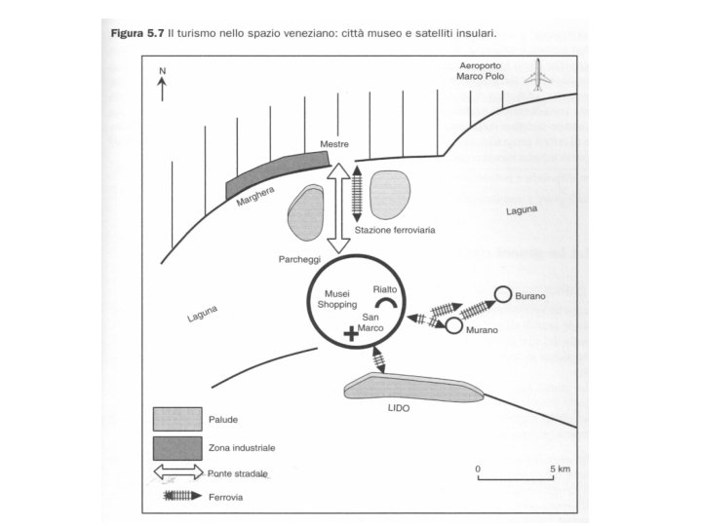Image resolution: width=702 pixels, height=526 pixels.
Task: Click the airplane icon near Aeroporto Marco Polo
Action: click(537, 76)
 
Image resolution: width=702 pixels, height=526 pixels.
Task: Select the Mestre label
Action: click(333, 144)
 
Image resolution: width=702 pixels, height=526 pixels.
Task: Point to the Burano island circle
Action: click(503, 293)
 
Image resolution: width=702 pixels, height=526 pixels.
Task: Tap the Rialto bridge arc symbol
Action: click(387, 304)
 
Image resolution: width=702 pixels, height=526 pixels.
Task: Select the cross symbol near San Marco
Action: click(351, 334)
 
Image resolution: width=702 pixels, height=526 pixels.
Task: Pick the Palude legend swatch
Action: click(176, 419)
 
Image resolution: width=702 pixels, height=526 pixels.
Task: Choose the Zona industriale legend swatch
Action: click(176, 447)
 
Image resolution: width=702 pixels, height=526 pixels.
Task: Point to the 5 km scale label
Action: click(560, 469)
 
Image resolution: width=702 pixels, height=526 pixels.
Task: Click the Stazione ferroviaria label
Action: click(395, 231)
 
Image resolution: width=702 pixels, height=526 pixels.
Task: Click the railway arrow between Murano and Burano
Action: click(478, 309)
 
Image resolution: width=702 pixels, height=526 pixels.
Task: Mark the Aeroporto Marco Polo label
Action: click(486, 70)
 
